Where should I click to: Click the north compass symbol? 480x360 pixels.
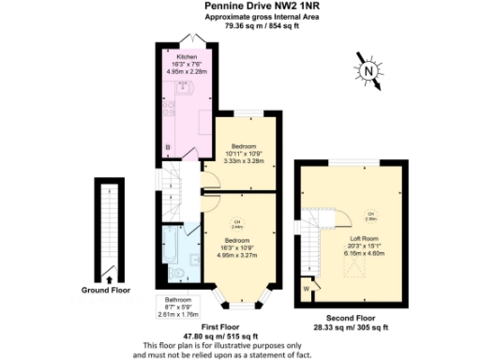pyautogui.click(x=368, y=70)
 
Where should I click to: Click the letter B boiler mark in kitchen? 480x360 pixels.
pyautogui.click(x=168, y=147)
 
